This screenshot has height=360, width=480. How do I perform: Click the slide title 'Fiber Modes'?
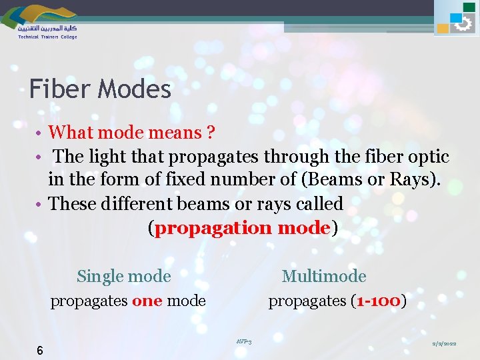(x=100, y=89)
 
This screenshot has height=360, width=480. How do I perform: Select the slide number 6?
(x=40, y=351)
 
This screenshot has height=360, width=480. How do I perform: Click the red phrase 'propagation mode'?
(x=243, y=228)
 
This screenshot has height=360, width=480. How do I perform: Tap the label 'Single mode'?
(x=124, y=276)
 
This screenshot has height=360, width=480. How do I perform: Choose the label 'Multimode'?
(x=324, y=276)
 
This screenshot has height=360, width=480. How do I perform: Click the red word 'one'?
(x=147, y=301)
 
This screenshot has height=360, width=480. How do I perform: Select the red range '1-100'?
(x=379, y=301)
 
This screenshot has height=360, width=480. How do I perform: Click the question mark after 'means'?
(x=210, y=133)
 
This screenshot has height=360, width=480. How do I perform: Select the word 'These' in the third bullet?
(x=73, y=203)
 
